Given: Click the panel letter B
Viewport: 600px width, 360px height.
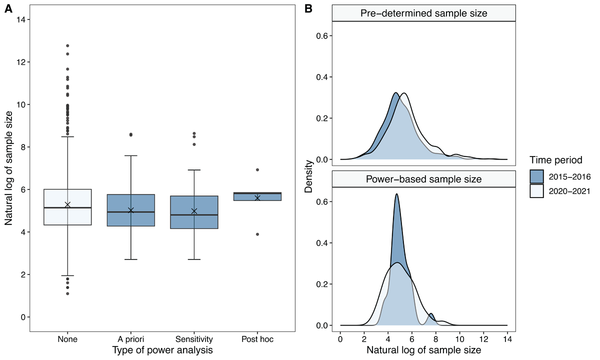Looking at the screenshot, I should point(308,8).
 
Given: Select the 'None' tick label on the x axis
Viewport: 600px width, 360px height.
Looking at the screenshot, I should point(67,340).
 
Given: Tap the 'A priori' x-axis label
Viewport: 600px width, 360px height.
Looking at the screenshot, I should point(131,340).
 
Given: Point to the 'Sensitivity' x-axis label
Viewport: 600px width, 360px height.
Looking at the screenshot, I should point(194,340).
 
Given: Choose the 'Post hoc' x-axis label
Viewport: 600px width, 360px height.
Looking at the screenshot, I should point(257,340).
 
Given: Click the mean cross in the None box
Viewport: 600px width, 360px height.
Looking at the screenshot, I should point(67,205).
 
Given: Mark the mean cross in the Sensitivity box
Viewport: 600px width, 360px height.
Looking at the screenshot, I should point(194,211).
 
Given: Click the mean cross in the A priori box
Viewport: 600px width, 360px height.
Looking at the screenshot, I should point(131,210).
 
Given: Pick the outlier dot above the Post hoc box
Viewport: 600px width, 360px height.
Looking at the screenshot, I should point(257,170).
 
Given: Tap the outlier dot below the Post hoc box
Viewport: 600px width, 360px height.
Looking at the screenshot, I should point(257,234).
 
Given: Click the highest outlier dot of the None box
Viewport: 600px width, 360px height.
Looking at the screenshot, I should point(67,46).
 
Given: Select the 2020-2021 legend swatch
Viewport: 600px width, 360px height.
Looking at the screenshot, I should point(537,191).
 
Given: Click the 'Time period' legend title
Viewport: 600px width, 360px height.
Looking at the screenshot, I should point(556,160).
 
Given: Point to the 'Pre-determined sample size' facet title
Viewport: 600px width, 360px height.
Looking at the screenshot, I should point(423,13).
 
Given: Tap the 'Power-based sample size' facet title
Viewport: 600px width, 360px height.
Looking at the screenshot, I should point(423,179).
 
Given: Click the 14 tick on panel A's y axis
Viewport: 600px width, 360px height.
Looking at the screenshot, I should point(21,19).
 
